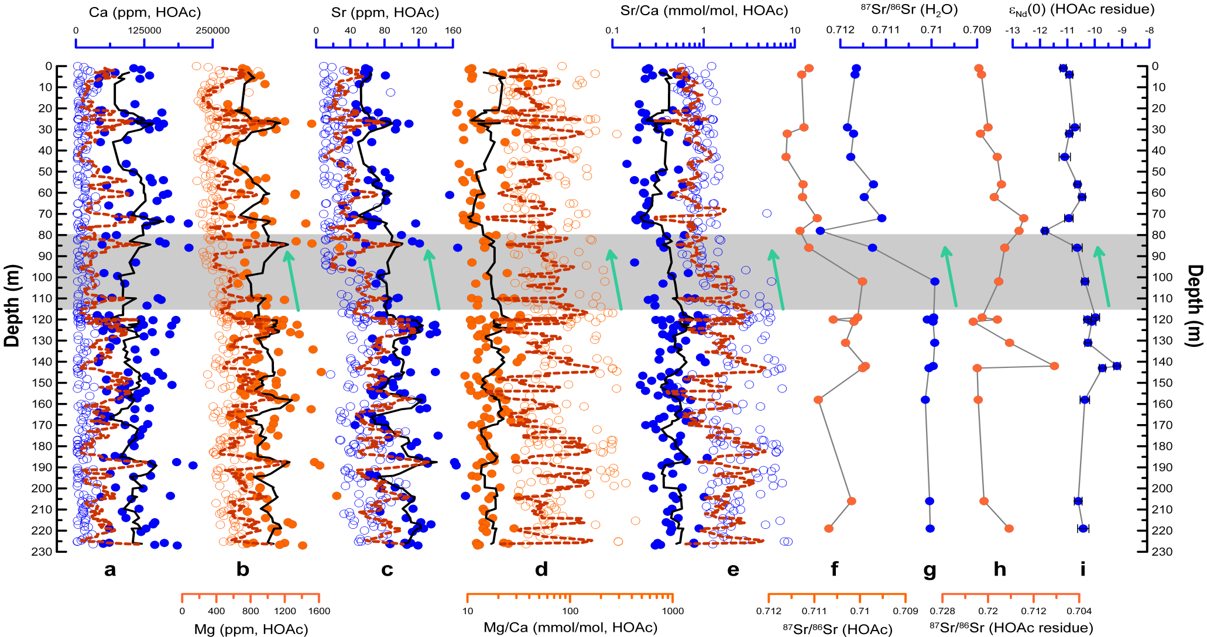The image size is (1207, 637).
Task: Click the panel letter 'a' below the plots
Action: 109,569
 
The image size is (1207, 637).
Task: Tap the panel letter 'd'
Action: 541,569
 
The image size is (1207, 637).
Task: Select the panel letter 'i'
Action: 1083,569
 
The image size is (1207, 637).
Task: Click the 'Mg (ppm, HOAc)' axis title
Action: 251,629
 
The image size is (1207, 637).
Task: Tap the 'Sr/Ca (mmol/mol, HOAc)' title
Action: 704,11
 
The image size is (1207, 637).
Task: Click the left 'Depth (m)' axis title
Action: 11,306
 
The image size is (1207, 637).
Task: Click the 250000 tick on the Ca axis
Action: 212,30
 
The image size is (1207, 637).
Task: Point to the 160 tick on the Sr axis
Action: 454,30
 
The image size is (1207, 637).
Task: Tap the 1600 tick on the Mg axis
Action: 319,611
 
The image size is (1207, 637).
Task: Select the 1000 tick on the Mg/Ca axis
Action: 673,611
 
